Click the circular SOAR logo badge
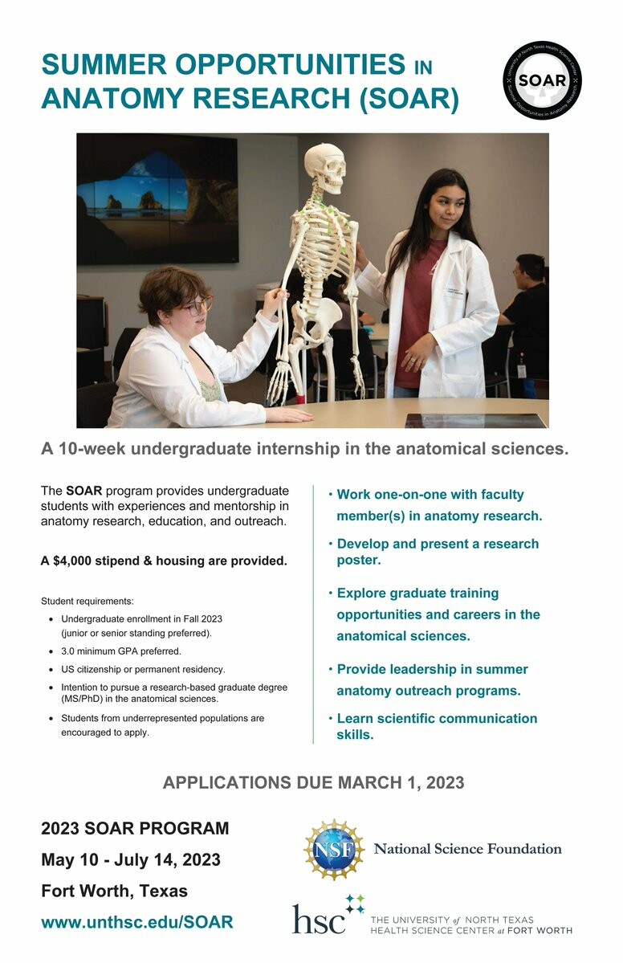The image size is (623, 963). click(542, 81)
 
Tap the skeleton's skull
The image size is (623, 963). click(324, 169)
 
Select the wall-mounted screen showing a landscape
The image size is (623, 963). click(157, 199)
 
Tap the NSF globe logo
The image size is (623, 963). click(333, 850)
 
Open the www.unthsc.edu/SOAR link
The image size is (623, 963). click(136, 922)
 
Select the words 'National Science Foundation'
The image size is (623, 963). click(467, 849)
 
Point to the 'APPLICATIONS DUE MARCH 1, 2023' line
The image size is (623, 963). click(313, 782)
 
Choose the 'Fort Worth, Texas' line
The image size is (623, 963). click(114, 891)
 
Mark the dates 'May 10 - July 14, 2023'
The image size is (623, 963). click(130, 860)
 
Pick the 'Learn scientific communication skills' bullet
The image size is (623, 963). click(436, 726)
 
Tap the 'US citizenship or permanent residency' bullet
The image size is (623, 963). click(143, 669)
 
